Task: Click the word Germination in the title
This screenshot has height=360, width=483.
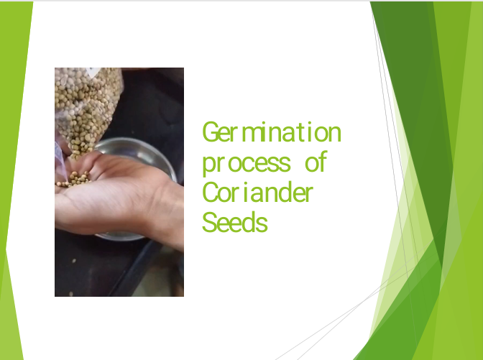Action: (x=272, y=131)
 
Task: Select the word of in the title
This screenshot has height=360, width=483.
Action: (x=316, y=161)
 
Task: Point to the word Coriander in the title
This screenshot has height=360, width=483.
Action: (x=257, y=192)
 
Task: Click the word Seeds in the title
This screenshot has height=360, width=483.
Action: (x=235, y=222)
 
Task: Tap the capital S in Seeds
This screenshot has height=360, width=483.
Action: (x=209, y=222)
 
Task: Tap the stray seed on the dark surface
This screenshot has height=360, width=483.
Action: (x=74, y=261)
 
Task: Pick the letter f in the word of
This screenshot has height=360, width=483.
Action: (x=323, y=161)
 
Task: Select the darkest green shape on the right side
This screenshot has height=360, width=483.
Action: (x=410, y=93)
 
